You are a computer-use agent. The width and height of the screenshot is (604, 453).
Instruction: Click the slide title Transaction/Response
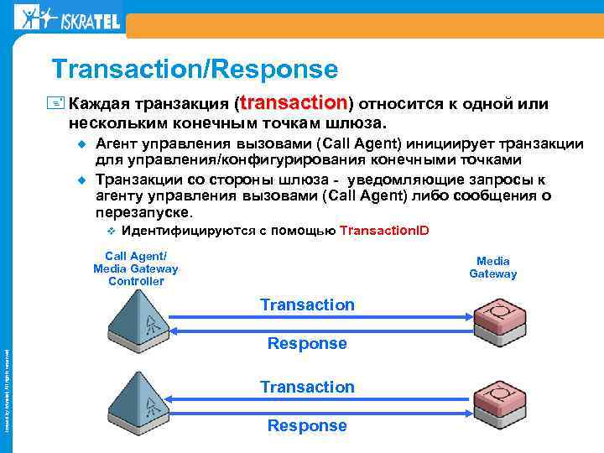(194, 69)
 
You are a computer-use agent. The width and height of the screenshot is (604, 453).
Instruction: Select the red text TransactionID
(384, 231)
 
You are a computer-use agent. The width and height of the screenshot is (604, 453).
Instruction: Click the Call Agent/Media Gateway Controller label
(136, 268)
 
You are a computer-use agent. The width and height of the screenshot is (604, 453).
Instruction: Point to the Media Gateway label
(492, 268)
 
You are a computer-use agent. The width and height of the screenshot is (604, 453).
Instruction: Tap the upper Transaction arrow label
(307, 305)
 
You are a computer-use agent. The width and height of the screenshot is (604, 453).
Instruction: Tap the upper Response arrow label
(307, 343)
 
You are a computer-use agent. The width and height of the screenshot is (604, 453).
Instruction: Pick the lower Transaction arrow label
(307, 387)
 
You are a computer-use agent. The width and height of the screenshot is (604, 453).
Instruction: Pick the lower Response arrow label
(307, 425)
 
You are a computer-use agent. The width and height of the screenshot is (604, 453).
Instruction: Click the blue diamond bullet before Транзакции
(82, 179)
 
